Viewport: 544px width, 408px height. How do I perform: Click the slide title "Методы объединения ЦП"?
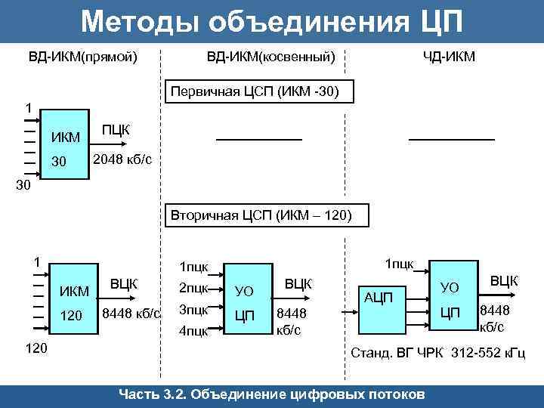pyautogui.click(x=271, y=21)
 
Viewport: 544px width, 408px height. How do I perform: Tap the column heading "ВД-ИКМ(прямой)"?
pyautogui.click(x=83, y=57)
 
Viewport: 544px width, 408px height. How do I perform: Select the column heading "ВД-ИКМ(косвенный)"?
pyautogui.click(x=271, y=57)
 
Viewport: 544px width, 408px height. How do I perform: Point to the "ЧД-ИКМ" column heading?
pyautogui.click(x=449, y=57)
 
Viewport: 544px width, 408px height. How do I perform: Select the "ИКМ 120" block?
pyautogui.click(x=74, y=302)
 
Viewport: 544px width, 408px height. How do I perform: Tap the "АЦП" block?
pyautogui.click(x=378, y=298)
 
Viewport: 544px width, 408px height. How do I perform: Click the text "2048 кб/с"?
pyautogui.click(x=122, y=160)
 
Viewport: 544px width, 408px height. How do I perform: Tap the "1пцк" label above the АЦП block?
pyautogui.click(x=399, y=263)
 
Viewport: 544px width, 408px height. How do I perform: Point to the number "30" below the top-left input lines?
pyautogui.click(x=24, y=185)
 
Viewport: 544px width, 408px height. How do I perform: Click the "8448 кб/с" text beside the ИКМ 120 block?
pyautogui.click(x=131, y=313)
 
